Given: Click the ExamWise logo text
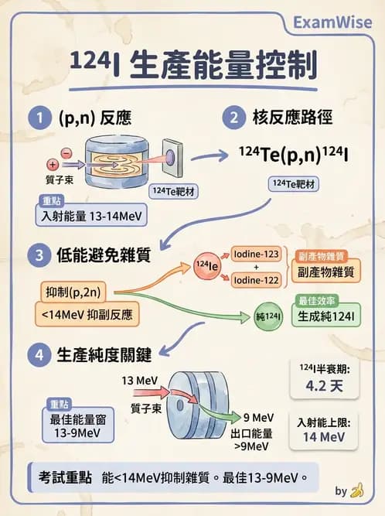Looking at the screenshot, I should click(x=333, y=22).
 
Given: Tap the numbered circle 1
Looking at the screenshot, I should click(x=37, y=118).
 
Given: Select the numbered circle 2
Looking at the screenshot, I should click(x=232, y=118).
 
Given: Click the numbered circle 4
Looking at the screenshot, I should click(x=37, y=356).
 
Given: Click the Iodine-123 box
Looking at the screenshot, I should click(x=256, y=255).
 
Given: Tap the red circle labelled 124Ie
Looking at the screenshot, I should click(x=208, y=266).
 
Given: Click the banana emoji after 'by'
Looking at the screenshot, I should click(x=356, y=490).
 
